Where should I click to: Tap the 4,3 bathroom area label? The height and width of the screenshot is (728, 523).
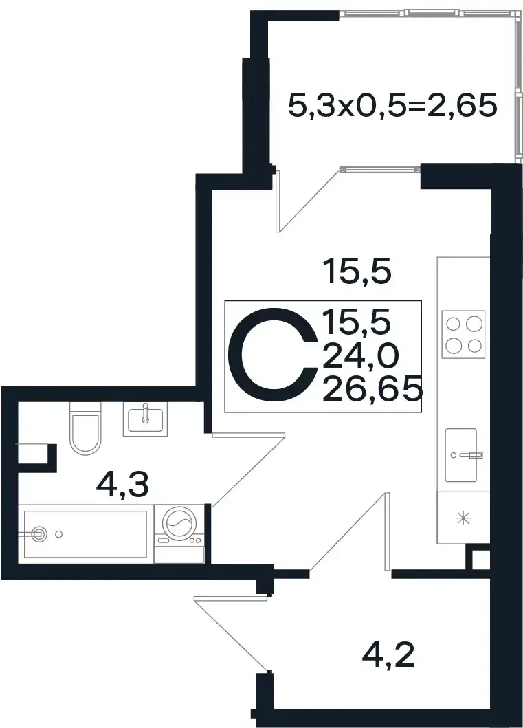click(x=122, y=485)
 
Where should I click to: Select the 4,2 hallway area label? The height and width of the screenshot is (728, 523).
click(x=388, y=655)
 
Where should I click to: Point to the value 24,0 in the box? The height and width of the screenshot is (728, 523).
click(x=360, y=357)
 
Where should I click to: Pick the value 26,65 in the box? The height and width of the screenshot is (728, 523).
click(x=372, y=389)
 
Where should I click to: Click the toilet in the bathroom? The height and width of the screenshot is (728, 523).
click(x=85, y=428)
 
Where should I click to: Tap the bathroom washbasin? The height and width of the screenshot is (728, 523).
click(x=145, y=419)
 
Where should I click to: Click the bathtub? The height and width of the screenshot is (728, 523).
click(x=86, y=534)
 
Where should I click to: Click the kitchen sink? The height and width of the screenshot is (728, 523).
click(x=461, y=455)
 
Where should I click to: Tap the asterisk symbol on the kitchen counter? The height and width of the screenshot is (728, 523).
click(x=464, y=518)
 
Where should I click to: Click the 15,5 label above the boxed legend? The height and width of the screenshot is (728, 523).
click(x=358, y=272)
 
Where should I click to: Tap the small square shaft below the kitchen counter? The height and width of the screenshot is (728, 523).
click(x=478, y=560)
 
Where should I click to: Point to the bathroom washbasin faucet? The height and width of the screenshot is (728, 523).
click(x=146, y=413)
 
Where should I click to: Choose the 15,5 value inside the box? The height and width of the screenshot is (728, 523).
click(x=357, y=322)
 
